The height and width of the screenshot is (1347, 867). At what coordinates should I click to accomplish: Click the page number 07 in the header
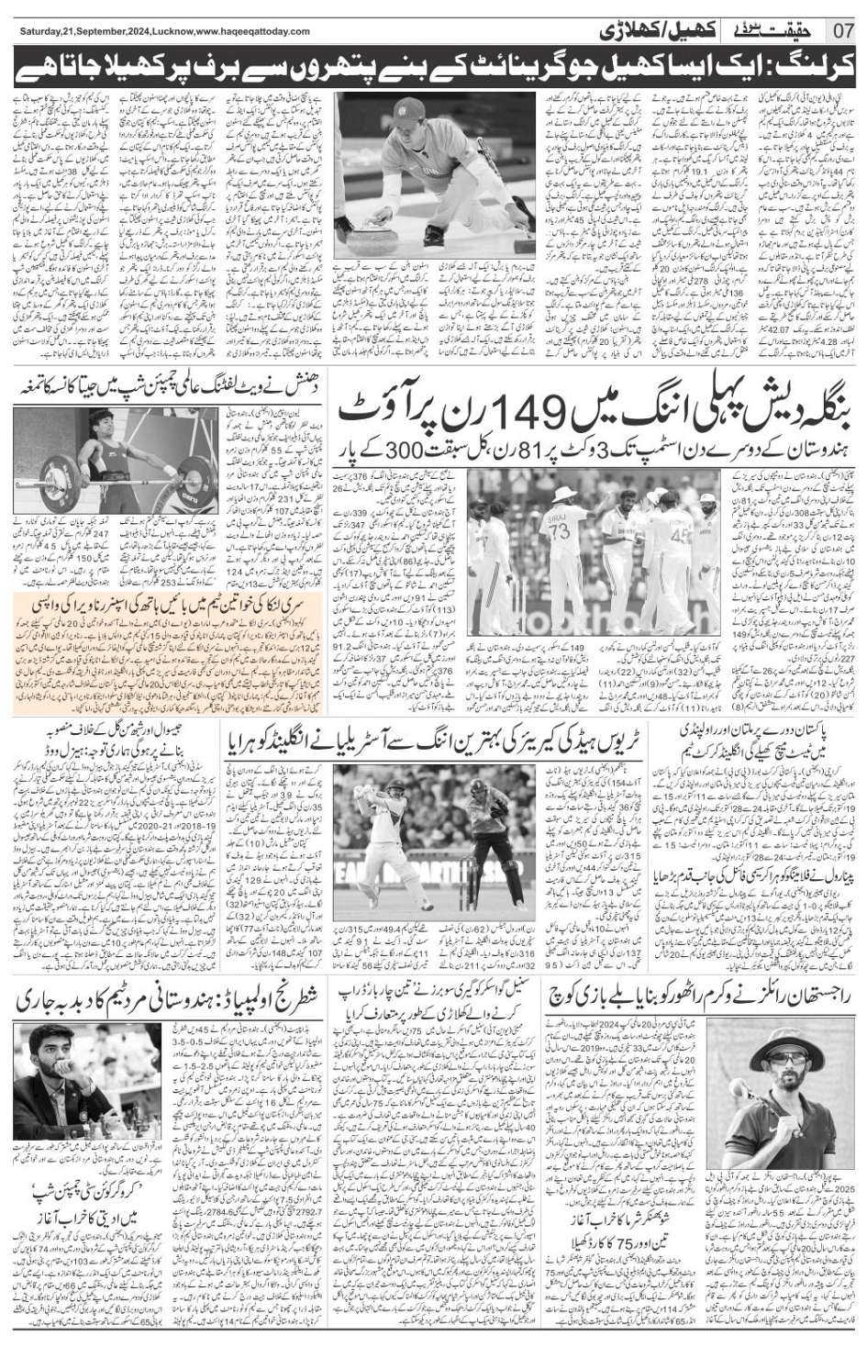843,30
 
